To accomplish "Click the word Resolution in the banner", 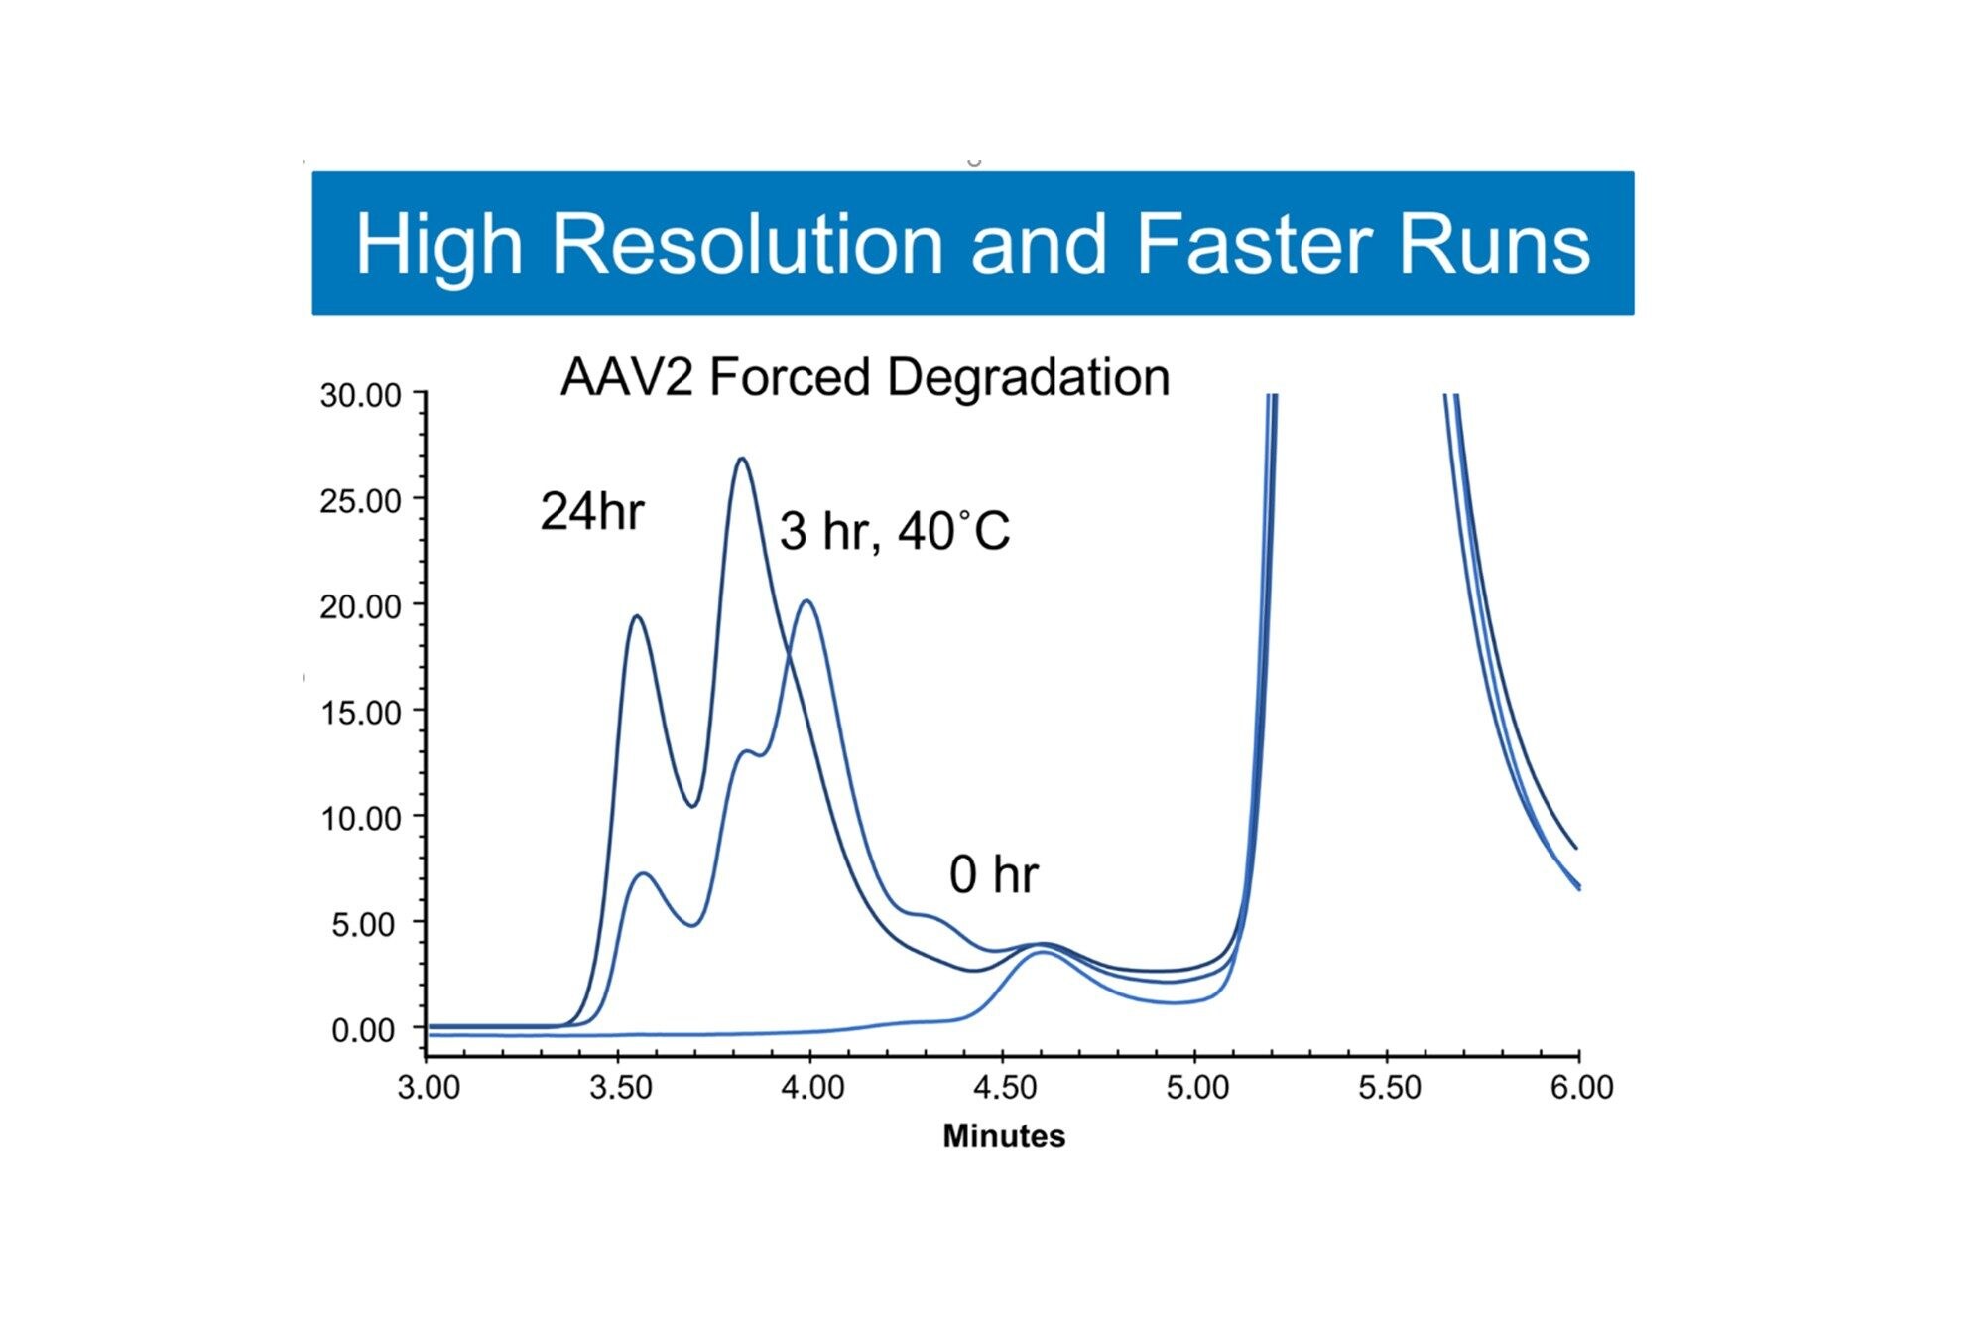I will (x=746, y=244).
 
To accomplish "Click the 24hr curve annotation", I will (x=591, y=512).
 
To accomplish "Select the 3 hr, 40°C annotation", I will (x=894, y=531).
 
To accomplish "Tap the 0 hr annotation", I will (x=993, y=875).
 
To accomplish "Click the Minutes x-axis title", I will (x=1003, y=1136).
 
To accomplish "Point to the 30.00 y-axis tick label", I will (x=360, y=396).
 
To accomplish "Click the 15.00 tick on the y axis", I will (x=360, y=713).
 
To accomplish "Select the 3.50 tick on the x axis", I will (x=620, y=1088).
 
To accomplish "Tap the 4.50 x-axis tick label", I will (x=1005, y=1088).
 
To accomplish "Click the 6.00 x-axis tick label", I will (x=1581, y=1088).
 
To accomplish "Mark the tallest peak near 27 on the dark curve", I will (x=741, y=459).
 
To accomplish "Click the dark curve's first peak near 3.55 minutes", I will (x=636, y=616).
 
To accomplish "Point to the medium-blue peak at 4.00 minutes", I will (x=807, y=600).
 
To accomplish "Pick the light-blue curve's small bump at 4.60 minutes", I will (x=1042, y=953).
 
